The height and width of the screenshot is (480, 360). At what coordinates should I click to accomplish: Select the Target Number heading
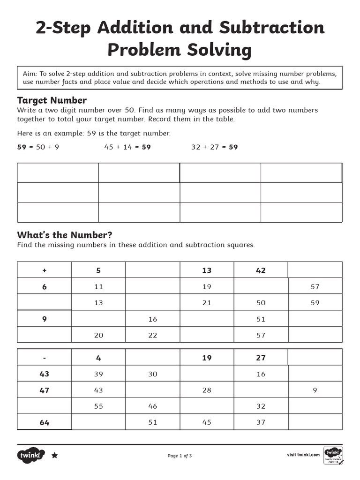point(52,100)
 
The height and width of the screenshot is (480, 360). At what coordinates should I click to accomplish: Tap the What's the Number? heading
point(65,235)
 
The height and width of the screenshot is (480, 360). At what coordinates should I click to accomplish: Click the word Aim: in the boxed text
point(30,74)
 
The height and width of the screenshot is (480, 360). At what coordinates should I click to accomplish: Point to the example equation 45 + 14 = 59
point(127,147)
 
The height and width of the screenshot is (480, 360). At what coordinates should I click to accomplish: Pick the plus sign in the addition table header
point(45,270)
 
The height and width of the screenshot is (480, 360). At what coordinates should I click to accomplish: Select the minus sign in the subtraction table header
point(45,358)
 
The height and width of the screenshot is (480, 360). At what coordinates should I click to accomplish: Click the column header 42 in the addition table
point(261,270)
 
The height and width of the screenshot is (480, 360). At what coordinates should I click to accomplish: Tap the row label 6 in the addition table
point(45,287)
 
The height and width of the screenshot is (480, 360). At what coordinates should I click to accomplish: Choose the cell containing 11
point(98,287)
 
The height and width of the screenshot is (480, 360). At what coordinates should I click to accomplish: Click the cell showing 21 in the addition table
point(207,303)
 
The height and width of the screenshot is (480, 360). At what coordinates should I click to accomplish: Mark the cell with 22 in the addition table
point(153,335)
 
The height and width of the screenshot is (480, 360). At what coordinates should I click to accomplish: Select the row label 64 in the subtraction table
point(45,422)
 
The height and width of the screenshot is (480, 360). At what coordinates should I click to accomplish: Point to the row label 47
point(45,390)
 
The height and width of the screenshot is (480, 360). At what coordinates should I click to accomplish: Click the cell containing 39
point(98,374)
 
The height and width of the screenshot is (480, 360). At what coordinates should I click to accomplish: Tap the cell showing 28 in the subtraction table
point(207,390)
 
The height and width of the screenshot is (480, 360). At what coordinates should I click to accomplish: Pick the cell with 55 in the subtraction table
point(98,406)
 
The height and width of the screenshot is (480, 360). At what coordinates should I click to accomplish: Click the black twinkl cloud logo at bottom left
point(31,455)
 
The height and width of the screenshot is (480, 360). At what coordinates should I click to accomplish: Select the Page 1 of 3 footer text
point(180,456)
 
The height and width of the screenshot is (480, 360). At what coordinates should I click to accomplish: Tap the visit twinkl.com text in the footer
point(303,455)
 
